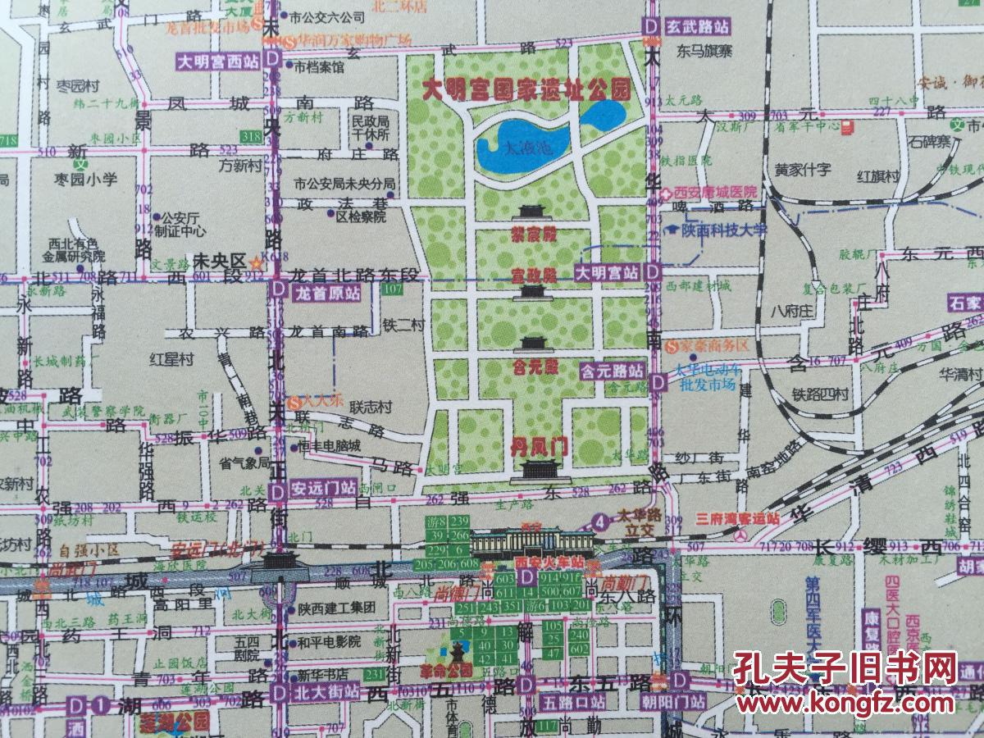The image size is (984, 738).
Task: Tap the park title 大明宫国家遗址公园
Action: pyautogui.click(x=526, y=88)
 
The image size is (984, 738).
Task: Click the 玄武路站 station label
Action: pyautogui.click(x=699, y=26)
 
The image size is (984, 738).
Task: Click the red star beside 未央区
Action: pyautogui.click(x=257, y=264)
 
